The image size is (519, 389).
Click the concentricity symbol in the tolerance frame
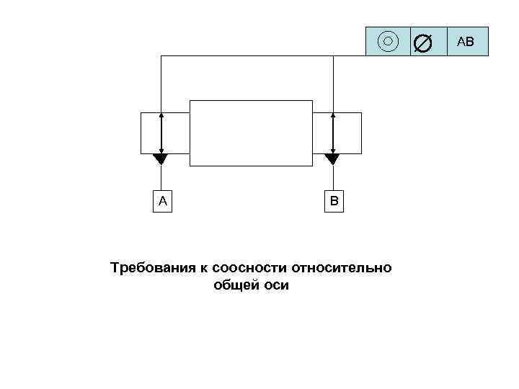388,41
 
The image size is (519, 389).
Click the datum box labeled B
334,201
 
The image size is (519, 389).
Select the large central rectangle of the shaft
251,133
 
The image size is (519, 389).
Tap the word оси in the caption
276,286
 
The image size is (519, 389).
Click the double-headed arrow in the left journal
161,133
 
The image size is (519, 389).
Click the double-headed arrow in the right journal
332,133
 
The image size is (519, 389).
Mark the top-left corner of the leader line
161,56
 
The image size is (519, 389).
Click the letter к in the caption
205,269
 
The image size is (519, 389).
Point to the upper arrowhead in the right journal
332,115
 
